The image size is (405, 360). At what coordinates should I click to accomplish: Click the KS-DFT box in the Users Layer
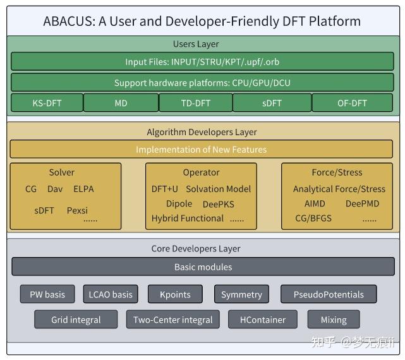pos(47,103)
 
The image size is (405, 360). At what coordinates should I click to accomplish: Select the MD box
pos(121,103)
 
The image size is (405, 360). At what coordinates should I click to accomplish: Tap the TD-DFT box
pos(196,103)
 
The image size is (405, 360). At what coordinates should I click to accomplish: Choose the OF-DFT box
pos(353,103)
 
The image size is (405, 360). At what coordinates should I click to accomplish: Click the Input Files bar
pos(202,61)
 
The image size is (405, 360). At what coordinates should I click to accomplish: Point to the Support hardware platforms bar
pos(202,82)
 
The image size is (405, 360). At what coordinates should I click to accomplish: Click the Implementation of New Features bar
pos(201,149)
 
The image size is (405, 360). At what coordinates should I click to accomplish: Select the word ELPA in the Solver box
pos(83,189)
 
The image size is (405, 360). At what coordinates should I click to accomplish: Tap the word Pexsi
pos(77,210)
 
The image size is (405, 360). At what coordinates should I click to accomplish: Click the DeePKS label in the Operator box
pos(219,204)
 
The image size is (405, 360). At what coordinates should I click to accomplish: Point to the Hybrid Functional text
pos(188,219)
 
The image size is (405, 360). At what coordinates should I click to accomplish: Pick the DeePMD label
pos(363,203)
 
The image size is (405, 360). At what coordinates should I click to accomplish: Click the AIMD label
pos(315,203)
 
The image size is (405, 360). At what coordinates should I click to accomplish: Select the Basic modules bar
pos(203,267)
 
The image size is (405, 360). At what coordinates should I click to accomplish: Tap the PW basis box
pos(47,294)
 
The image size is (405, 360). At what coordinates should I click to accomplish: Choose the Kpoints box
pos(175,294)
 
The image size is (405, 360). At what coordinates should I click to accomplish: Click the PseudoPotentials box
pos(329,294)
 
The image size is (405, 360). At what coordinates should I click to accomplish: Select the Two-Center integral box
pos(172,320)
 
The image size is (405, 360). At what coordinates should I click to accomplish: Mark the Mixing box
pos(334,320)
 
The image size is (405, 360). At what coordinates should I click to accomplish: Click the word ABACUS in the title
pos(70,21)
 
